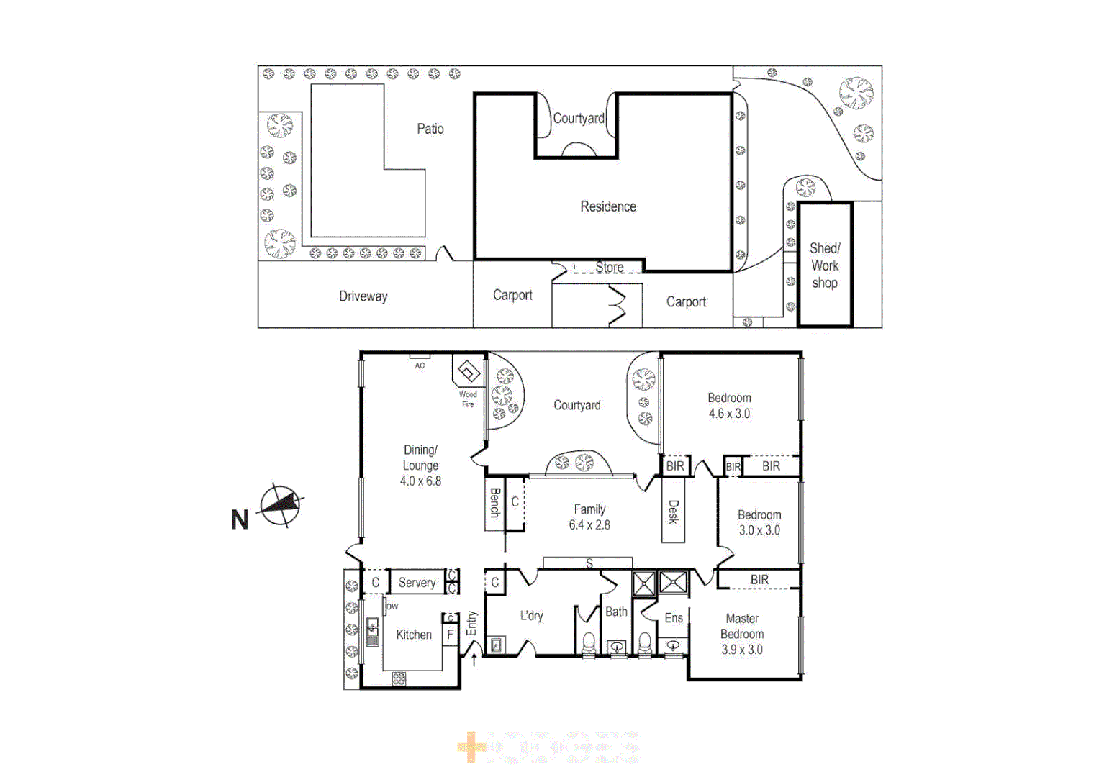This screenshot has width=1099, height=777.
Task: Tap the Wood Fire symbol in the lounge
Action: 469,373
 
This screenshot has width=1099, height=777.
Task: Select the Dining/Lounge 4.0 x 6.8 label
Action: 420,465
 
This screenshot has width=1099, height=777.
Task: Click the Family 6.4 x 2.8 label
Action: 589,517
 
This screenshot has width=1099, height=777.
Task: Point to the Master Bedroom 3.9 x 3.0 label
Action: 742,634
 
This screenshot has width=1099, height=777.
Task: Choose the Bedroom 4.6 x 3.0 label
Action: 729,406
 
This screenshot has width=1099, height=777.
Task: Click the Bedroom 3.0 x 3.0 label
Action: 759,522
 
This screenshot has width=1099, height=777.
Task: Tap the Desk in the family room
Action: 673,512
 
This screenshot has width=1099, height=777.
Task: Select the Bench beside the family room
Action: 494,503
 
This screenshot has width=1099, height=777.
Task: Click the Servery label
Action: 417,582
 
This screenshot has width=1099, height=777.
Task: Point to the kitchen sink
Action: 373,631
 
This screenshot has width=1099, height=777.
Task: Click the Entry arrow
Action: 474,659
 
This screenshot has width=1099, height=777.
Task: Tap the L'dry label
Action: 531,616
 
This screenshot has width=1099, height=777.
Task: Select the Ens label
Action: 674,618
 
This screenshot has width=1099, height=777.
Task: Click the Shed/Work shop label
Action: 825,265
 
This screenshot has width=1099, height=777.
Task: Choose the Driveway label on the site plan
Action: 363,296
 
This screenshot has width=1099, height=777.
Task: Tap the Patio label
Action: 430,129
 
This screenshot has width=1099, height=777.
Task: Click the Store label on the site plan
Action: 610,268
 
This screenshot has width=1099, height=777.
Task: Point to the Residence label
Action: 608,206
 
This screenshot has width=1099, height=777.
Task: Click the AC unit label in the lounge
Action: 420,365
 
